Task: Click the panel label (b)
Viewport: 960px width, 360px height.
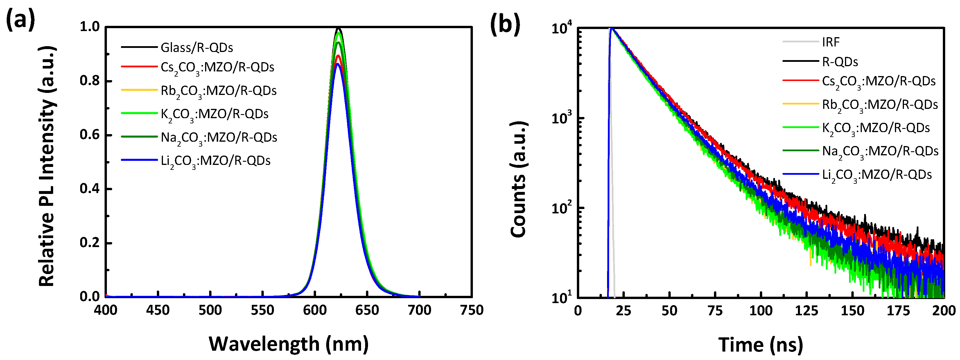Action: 505,24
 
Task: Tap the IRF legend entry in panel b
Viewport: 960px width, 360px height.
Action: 831,42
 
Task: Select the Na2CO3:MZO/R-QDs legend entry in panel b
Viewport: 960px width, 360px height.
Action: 880,151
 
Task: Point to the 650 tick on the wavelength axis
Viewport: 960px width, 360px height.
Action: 367,310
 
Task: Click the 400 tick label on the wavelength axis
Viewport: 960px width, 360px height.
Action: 105,310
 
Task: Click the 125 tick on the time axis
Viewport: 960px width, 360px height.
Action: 806,310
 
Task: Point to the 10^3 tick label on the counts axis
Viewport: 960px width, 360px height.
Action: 562,118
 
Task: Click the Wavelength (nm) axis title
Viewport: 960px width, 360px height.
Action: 288,344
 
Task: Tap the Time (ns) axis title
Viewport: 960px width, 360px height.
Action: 760,344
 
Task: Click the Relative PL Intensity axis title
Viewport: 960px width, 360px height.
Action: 47,166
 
